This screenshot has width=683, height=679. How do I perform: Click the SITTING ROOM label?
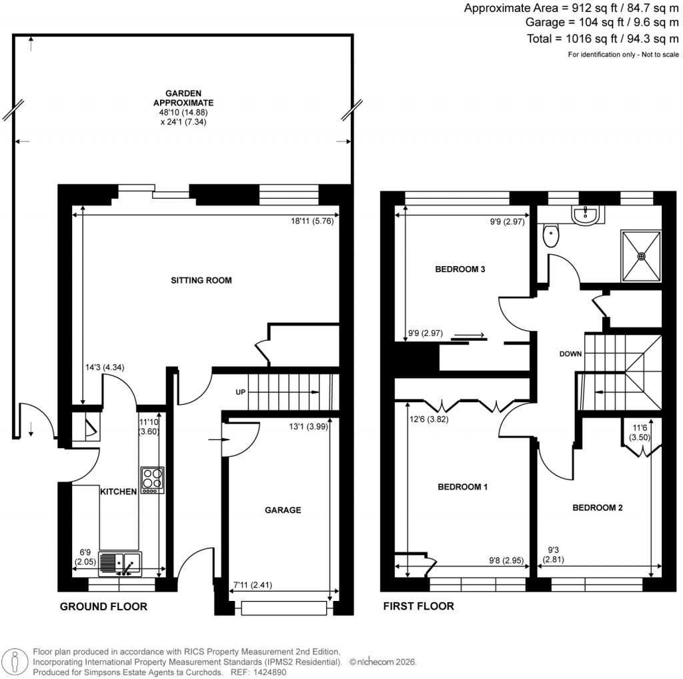point(201,281)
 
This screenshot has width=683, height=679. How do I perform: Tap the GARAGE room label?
point(282,510)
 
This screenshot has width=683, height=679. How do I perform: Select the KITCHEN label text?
point(118,492)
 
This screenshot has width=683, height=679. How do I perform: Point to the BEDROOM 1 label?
point(462,487)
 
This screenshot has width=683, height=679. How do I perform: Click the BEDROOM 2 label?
point(598,508)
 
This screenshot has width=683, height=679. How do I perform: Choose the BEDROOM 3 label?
point(460,269)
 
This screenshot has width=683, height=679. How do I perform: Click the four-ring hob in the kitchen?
point(152,480)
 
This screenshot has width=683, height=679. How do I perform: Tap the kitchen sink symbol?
point(120,564)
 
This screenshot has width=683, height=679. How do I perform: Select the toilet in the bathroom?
point(551,235)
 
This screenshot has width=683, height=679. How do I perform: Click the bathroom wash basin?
point(587,213)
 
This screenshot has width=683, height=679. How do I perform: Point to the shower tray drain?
point(642,255)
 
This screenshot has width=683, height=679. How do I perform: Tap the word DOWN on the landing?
point(570,354)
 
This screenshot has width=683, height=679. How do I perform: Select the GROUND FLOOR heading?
point(103,606)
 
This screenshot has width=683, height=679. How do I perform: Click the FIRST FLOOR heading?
point(418,606)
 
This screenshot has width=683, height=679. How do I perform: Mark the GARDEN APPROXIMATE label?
point(183,98)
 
